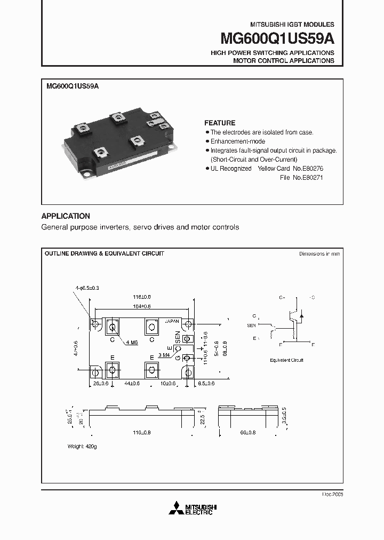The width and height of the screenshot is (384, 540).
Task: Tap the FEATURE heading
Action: (x=220, y=123)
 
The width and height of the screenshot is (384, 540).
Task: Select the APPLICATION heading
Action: (x=66, y=216)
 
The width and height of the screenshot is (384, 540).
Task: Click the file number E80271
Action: (x=312, y=177)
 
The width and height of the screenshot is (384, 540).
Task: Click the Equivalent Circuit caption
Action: (x=286, y=360)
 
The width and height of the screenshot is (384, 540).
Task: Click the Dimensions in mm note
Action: (x=319, y=254)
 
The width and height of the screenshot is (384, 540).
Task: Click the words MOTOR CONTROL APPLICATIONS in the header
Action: (x=283, y=61)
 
